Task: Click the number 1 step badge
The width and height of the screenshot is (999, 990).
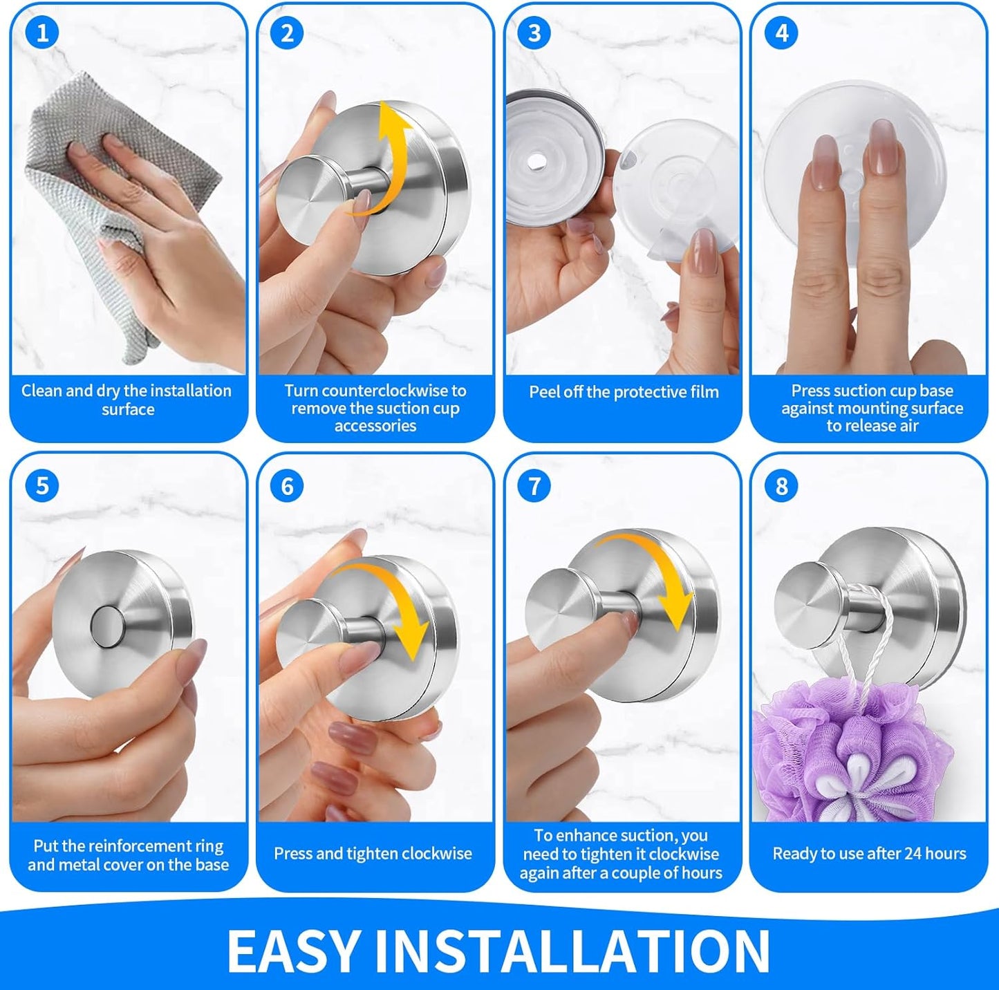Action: point(41,33)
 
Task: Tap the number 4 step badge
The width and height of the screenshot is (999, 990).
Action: point(781,33)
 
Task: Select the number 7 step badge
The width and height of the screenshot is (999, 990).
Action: point(534,486)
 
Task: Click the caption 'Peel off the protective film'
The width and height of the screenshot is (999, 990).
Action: point(624,392)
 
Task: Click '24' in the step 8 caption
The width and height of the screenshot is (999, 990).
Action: point(913,853)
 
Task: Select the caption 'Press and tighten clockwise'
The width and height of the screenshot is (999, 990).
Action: point(373,853)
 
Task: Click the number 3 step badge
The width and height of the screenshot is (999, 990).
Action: point(534,33)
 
